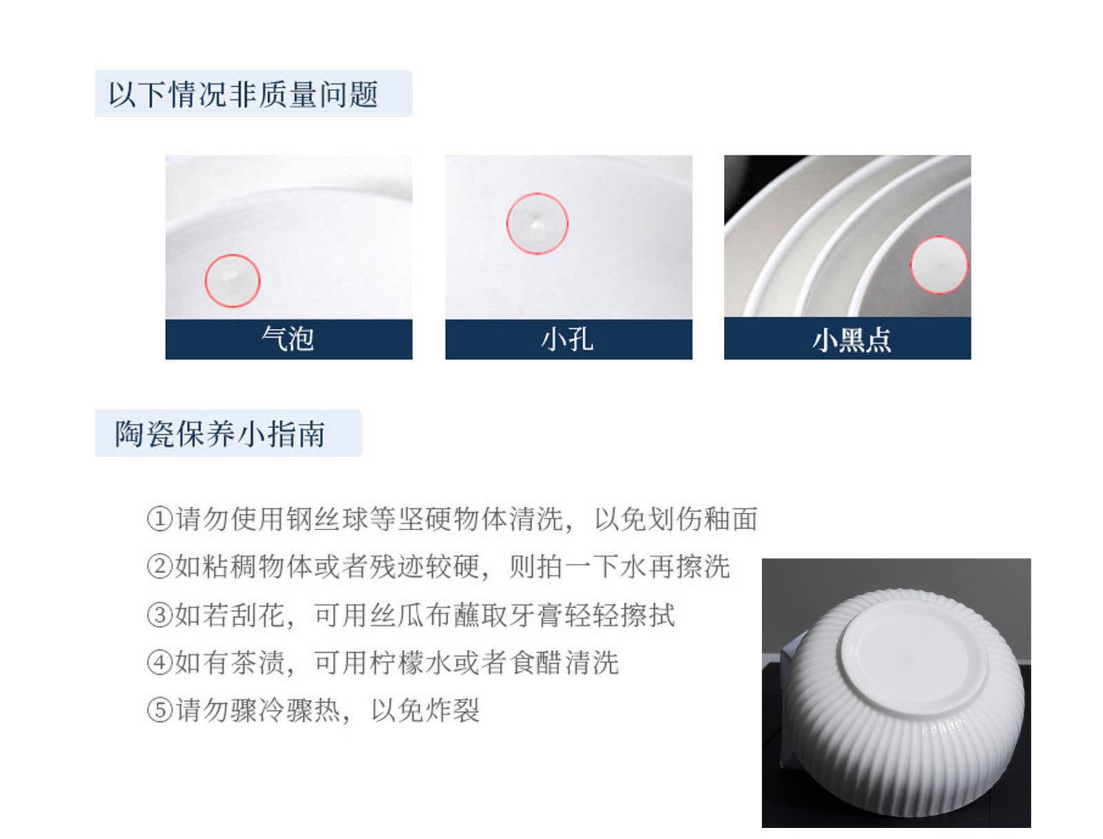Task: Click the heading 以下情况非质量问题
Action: (x=243, y=94)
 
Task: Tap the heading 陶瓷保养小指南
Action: (x=220, y=433)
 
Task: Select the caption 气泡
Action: (x=287, y=338)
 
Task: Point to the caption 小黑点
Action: (x=851, y=340)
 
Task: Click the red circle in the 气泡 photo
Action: (x=205, y=281)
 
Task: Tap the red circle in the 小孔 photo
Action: (x=507, y=223)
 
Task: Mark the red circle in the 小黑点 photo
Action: (x=911, y=265)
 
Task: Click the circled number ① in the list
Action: (x=160, y=519)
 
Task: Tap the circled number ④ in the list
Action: (x=160, y=663)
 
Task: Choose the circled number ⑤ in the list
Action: (x=160, y=710)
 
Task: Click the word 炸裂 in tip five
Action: (x=452, y=710)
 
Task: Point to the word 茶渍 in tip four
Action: (x=258, y=663)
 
